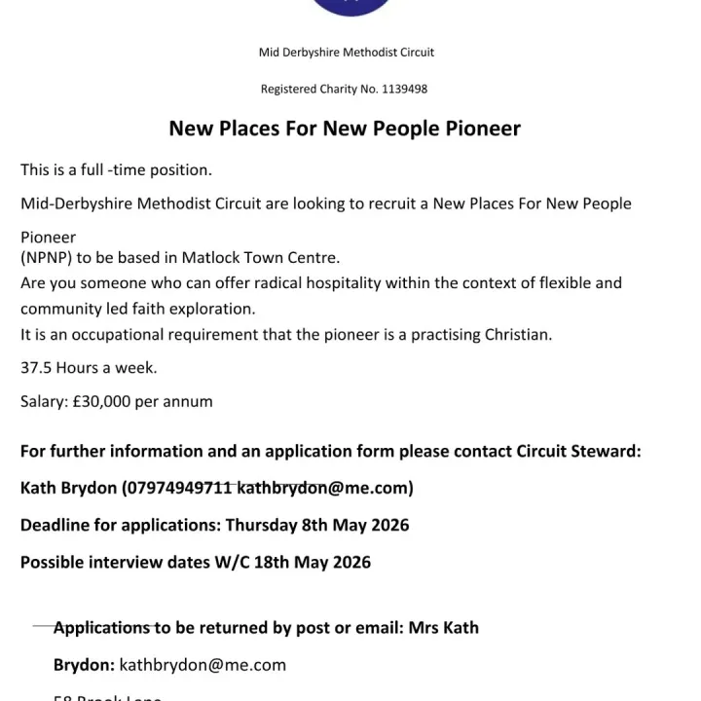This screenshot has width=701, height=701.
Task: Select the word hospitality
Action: (366, 283)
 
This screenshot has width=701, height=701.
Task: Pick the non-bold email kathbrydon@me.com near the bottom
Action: (203, 665)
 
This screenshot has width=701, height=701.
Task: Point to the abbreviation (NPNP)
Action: (45, 257)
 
